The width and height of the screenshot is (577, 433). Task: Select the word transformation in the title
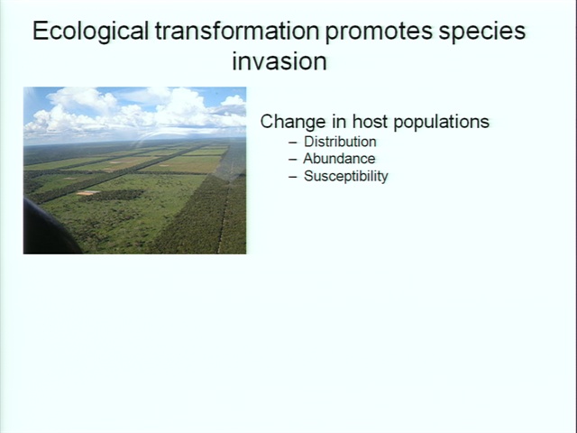236,31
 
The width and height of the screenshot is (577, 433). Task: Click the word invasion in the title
279,61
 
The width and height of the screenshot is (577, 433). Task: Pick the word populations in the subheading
441,123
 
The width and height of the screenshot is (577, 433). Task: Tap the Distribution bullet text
340,142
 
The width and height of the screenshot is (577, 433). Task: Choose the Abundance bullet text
339,159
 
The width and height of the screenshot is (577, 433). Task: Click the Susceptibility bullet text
346,177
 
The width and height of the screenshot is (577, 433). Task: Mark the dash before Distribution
293,143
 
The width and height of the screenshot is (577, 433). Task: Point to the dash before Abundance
293,160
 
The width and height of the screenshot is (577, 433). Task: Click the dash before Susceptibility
293,177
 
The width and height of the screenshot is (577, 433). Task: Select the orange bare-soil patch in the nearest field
87,192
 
